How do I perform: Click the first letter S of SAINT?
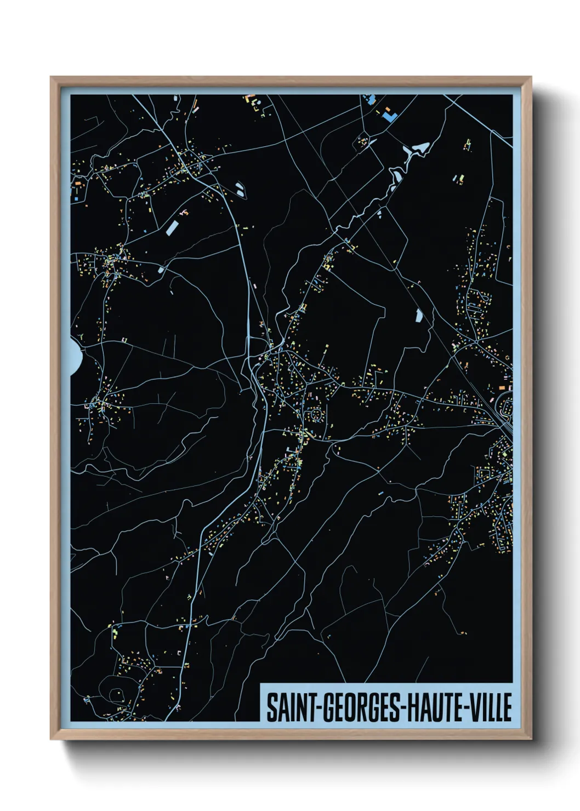tap(271, 707)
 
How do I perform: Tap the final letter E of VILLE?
tap(507, 707)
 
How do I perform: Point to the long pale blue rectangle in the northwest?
tap(173, 227)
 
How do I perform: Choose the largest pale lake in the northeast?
tap(422, 148)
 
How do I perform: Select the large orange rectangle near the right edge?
tap(502, 387)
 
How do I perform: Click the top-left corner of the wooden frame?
tap(51, 77)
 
